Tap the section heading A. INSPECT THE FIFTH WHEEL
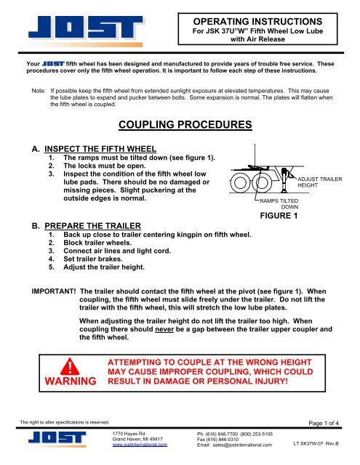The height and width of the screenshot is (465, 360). [x=108, y=150]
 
